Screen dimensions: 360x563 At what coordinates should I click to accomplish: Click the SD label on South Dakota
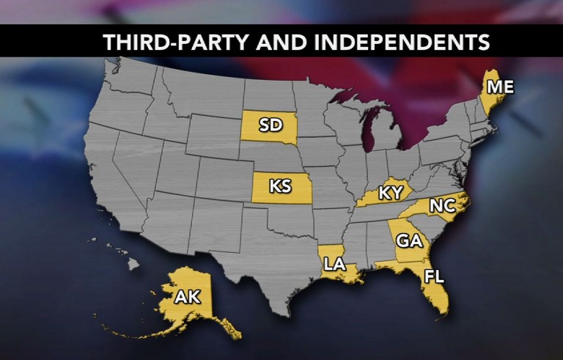pyautogui.click(x=271, y=125)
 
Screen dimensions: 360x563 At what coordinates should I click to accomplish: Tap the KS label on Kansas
pyautogui.click(x=280, y=186)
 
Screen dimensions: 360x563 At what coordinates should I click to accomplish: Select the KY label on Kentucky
pyautogui.click(x=391, y=194)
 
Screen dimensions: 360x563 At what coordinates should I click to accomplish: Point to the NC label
pyautogui.click(x=443, y=206)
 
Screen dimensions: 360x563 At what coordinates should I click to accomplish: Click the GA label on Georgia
pyautogui.click(x=408, y=240)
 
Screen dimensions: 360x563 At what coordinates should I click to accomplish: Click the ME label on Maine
pyautogui.click(x=501, y=87)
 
